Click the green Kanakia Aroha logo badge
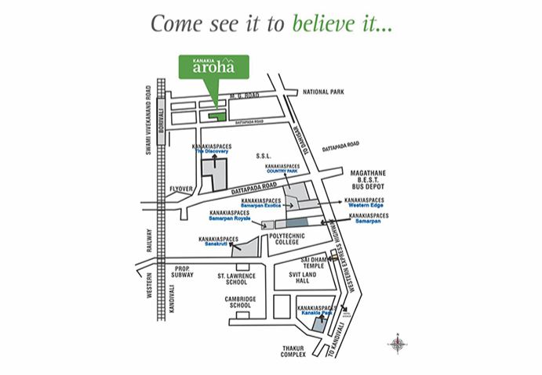[x=214, y=67]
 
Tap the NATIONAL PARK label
[x=323, y=92]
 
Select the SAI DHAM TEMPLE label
[x=313, y=263]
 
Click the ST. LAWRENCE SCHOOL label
[x=222, y=279]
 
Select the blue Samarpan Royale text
[x=229, y=218]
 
